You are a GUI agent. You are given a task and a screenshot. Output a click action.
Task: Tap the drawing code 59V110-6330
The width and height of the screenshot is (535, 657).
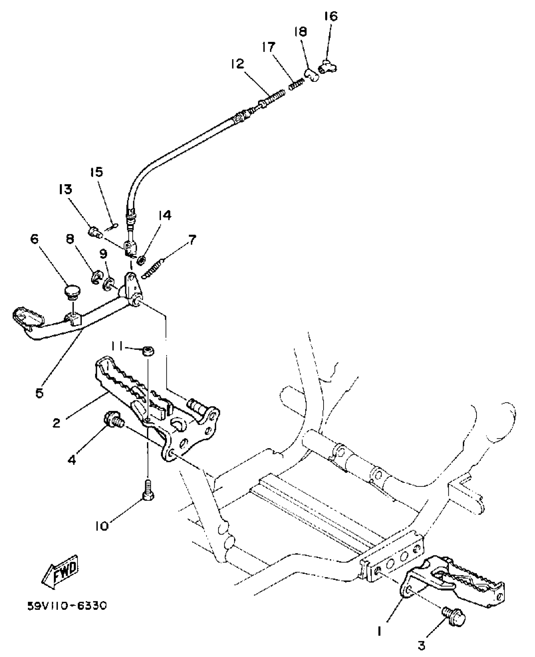(67, 606)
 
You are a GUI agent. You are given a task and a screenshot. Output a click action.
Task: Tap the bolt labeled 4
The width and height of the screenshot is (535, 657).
(113, 421)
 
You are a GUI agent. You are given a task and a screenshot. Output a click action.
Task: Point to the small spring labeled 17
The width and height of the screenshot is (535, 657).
(296, 84)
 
